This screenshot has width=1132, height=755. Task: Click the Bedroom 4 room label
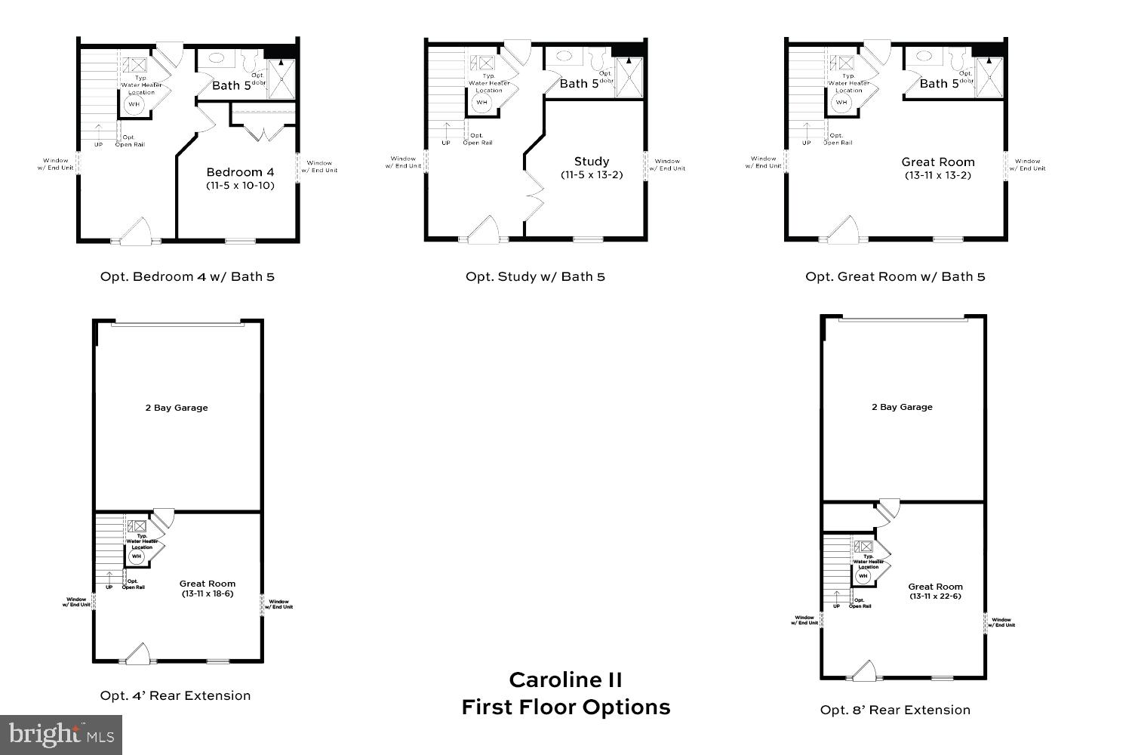click(x=235, y=172)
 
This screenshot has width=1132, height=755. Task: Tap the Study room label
click(x=591, y=162)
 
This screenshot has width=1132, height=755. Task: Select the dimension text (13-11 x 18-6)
click(x=208, y=593)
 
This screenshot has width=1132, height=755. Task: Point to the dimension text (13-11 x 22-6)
click(x=935, y=596)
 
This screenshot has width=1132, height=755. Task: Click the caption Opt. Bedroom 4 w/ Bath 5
click(x=187, y=276)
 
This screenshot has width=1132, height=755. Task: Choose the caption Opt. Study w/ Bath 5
click(x=535, y=276)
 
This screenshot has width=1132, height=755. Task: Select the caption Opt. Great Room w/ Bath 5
click(x=895, y=276)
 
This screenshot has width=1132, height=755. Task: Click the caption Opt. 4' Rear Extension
click(x=175, y=695)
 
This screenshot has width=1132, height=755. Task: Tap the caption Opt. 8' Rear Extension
click(x=895, y=710)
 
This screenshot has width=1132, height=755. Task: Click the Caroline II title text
click(x=565, y=679)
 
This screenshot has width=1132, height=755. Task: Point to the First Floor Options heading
click(x=565, y=707)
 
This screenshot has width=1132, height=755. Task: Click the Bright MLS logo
click(x=61, y=734)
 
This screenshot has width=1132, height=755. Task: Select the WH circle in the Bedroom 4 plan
click(x=134, y=105)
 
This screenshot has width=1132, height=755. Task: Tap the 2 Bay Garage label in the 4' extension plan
click(x=177, y=408)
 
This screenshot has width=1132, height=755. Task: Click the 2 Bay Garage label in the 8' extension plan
click(x=902, y=407)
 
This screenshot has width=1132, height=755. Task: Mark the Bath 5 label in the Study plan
click(x=579, y=83)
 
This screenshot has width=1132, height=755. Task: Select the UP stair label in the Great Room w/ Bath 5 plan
click(x=806, y=143)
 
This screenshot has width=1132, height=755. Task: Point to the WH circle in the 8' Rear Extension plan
click(x=863, y=576)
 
